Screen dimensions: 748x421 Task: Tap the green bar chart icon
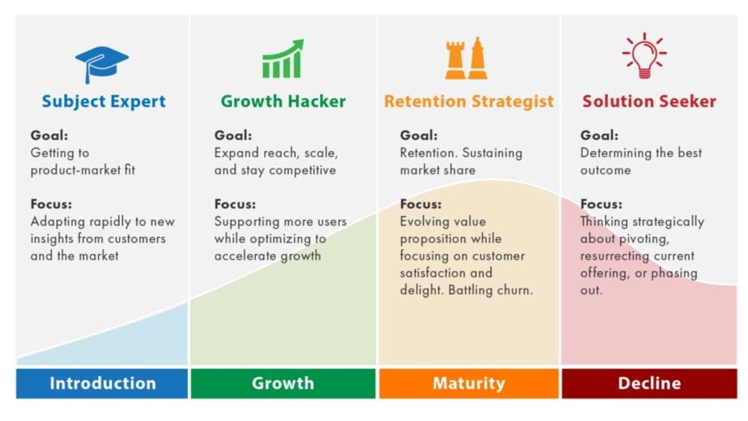coord(283,59)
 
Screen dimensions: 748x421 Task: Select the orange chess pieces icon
coord(466,58)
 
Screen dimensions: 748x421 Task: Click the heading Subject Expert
coord(104,101)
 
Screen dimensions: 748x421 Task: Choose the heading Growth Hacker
coord(284,101)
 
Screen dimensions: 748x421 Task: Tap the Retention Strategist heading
coord(469,101)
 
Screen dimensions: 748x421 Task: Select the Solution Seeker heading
coord(649,101)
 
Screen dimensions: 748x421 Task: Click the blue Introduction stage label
coord(102,383)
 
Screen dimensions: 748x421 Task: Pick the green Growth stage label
coord(283,383)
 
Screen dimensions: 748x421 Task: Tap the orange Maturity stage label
coord(469,383)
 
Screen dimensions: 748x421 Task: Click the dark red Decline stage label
coord(649,383)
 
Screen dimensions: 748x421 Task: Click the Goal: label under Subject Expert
coord(49,135)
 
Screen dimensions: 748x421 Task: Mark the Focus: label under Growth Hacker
coord(235,204)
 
